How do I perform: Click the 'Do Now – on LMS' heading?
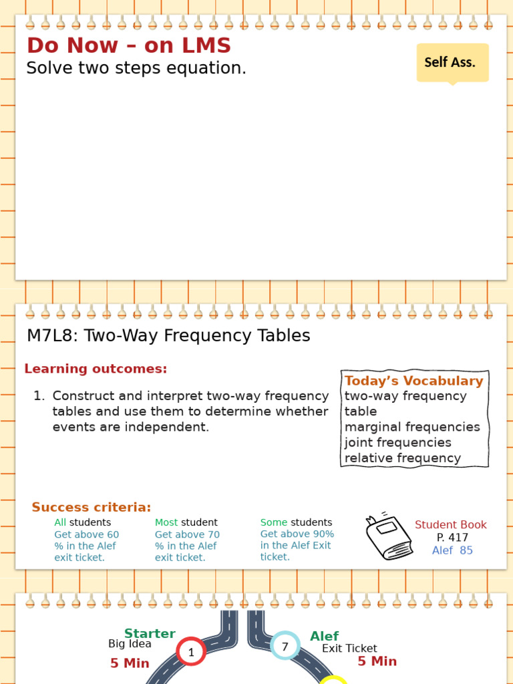128,46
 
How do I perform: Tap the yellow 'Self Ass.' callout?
452,63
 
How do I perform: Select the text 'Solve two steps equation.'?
136,68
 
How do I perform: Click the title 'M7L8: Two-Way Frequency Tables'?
168,336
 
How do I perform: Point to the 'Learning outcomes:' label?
96,369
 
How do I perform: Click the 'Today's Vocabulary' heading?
413,381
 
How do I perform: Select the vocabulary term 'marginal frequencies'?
412,427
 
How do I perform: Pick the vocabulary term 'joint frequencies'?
397,442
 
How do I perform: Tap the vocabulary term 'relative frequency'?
402,458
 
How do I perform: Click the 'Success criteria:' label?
92,508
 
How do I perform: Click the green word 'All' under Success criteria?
60,523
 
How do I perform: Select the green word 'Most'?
166,523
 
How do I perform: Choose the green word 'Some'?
274,522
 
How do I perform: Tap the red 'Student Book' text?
451,525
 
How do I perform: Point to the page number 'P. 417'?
452,538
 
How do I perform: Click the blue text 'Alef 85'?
452,550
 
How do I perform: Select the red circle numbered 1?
191,653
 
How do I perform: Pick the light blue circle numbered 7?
285,647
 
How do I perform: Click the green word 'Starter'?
150,634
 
